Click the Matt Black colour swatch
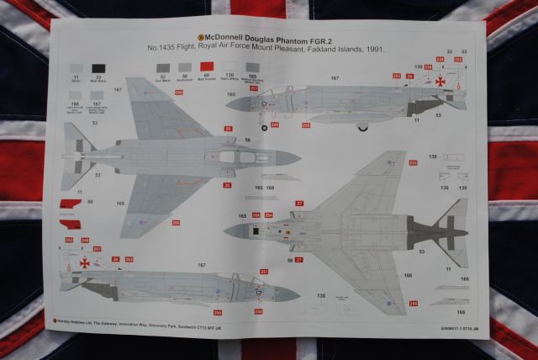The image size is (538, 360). point(99,68)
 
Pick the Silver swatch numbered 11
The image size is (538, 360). point(77,68)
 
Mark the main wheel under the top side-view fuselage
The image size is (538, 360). point(362,127)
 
